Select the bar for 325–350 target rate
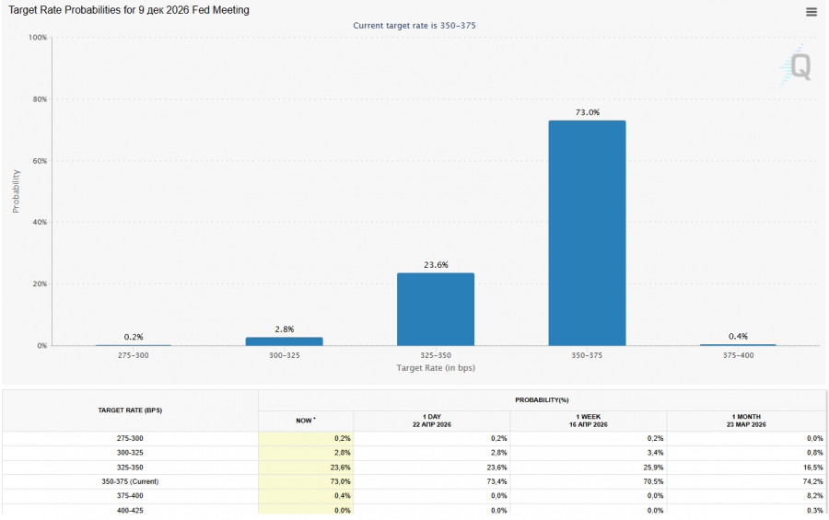tap(435, 309)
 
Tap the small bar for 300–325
tap(284, 341)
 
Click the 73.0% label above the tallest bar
tap(587, 112)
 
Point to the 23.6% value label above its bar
tap(435, 265)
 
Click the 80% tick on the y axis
tap(38, 99)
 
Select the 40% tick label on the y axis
tap(38, 223)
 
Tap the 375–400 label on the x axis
tap(737, 355)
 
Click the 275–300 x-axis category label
tap(133, 355)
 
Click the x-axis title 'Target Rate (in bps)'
tap(436, 368)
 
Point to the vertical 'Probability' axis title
tap(16, 191)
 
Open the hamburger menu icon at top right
tap(811, 12)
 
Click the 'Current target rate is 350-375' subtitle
tap(414, 25)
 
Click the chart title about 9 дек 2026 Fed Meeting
tap(129, 10)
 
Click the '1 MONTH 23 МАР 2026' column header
tap(746, 420)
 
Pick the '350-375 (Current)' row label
tap(130, 481)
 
